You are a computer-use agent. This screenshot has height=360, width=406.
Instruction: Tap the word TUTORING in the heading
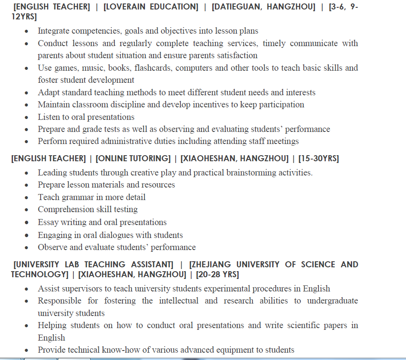click(x=149, y=159)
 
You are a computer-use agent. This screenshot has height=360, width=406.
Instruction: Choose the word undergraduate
click(x=332, y=301)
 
